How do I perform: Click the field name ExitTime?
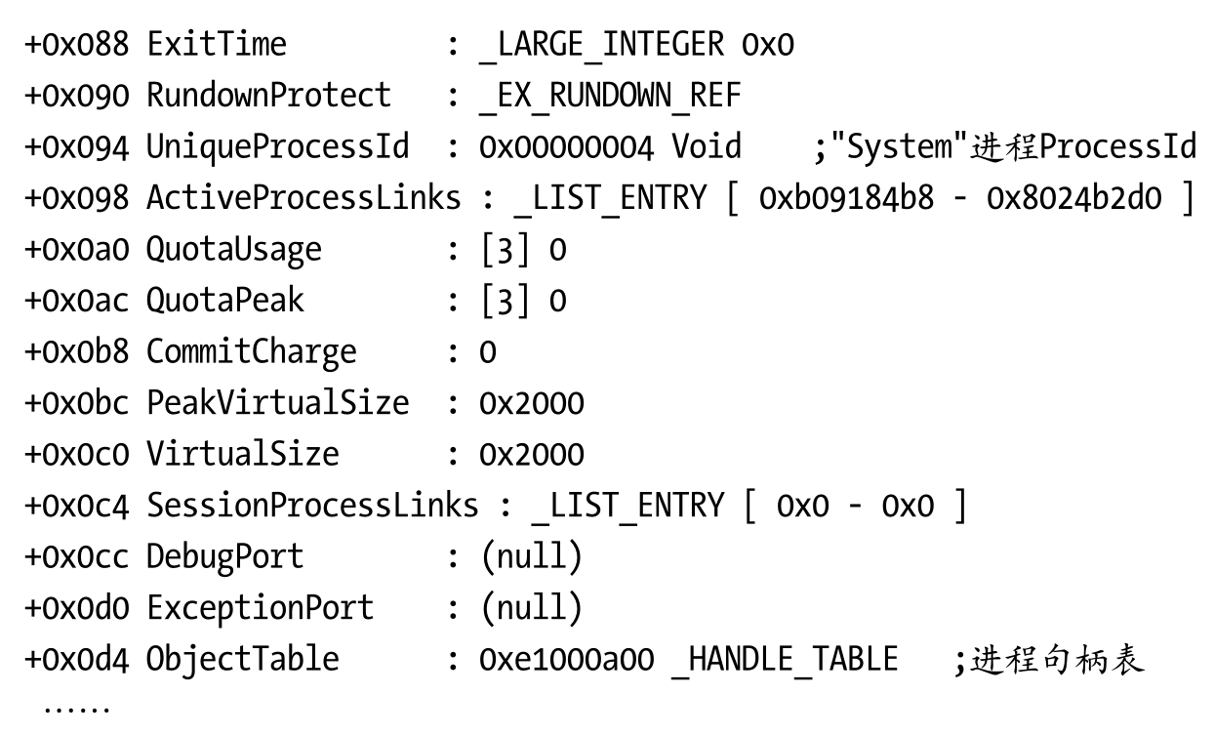click(x=217, y=44)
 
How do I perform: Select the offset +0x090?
click(x=76, y=95)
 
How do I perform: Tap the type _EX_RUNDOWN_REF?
click(x=610, y=96)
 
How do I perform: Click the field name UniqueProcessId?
click(x=278, y=147)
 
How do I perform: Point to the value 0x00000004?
click(x=566, y=147)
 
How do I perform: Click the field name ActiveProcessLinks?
click(x=303, y=198)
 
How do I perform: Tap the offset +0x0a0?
click(x=76, y=249)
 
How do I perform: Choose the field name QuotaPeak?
click(x=225, y=300)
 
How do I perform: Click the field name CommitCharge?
click(x=252, y=351)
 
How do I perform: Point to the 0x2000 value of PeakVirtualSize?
click(x=532, y=403)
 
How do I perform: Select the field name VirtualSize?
click(x=243, y=454)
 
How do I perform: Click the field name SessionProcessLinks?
click(x=312, y=506)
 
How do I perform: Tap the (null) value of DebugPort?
click(x=532, y=556)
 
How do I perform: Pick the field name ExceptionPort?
click(x=261, y=608)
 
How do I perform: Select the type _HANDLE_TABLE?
click(x=785, y=659)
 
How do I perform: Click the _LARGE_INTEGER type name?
click(x=601, y=44)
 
